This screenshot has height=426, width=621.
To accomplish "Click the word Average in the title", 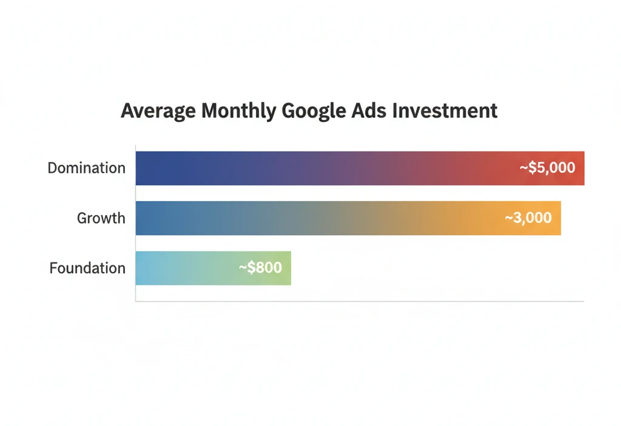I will pyautogui.click(x=158, y=111).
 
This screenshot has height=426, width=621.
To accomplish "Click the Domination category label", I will pyautogui.click(x=87, y=168).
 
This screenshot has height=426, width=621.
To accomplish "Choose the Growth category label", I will pyautogui.click(x=101, y=218).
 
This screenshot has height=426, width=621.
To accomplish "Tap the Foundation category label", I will pyautogui.click(x=87, y=268).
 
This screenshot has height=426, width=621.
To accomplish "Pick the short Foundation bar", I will pyautogui.click(x=194, y=268).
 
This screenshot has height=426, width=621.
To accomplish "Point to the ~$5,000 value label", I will pyautogui.click(x=547, y=168).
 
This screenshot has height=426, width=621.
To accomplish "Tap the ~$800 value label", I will pyautogui.click(x=260, y=267).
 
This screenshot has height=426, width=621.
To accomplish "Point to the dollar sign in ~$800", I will pyautogui.click(x=250, y=267).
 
